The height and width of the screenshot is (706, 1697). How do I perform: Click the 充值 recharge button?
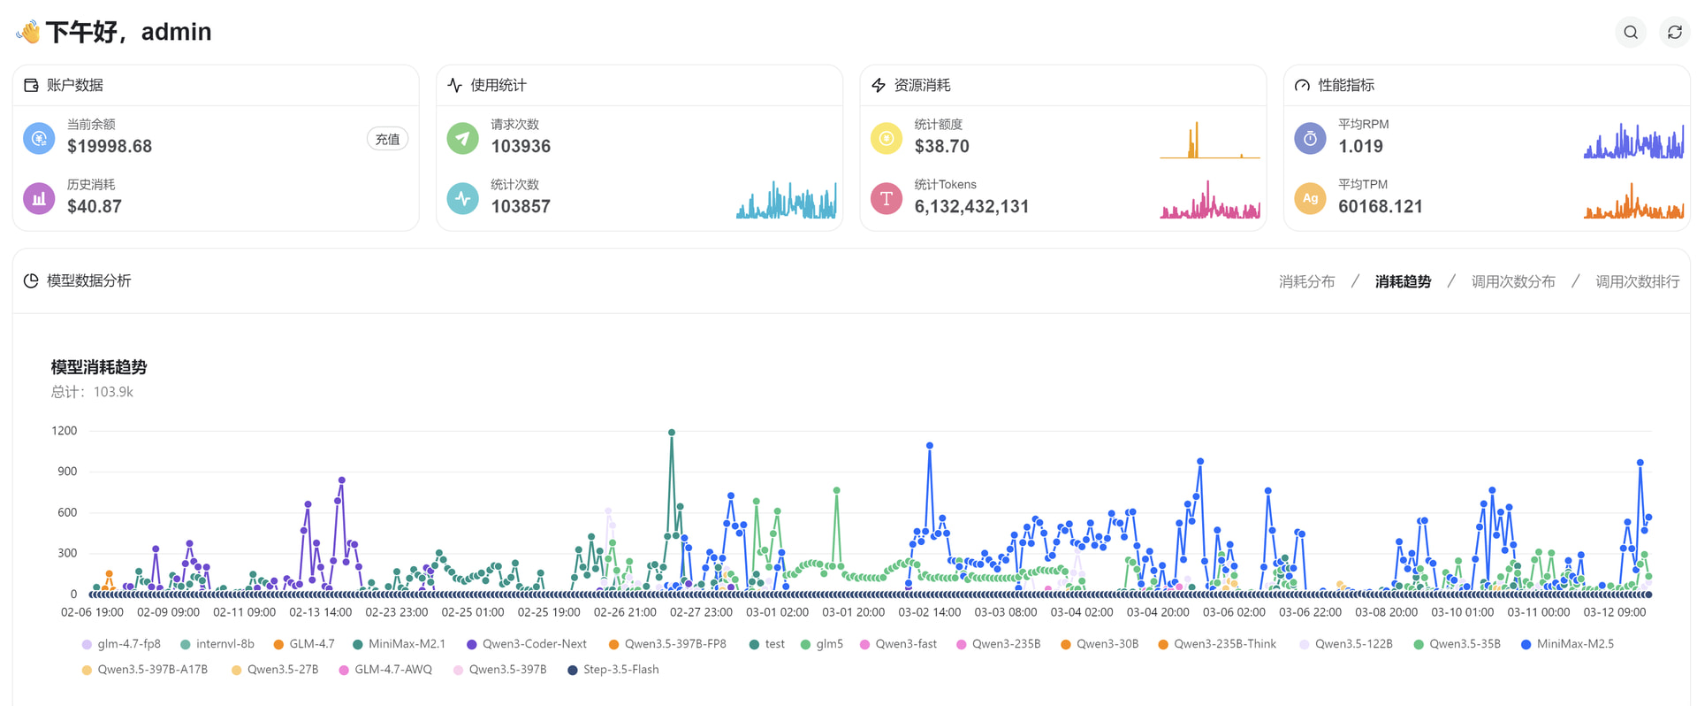[x=387, y=139]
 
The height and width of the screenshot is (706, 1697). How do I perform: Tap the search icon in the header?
[x=1631, y=33]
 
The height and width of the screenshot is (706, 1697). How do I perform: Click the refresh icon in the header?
[x=1675, y=33]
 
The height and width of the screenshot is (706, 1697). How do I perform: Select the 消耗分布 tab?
[x=1306, y=281]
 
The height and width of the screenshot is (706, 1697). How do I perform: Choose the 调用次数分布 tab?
[x=1513, y=281]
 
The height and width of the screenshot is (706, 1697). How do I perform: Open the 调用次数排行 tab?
[x=1638, y=281]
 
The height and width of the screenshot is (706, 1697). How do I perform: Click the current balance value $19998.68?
[x=110, y=146]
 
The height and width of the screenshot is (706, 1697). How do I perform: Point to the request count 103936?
[x=521, y=146]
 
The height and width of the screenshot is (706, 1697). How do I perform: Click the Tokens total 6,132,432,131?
[x=971, y=206]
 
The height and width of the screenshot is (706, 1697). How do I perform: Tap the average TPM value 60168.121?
[x=1381, y=206]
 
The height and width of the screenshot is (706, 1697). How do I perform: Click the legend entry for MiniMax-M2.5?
[x=1567, y=644]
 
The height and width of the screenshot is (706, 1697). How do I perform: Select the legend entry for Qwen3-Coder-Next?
[x=527, y=644]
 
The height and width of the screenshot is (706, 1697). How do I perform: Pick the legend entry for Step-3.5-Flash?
[x=613, y=670]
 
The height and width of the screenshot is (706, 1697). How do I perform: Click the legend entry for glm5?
[x=822, y=644]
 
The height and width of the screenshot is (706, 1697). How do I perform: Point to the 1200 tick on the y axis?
[x=65, y=431]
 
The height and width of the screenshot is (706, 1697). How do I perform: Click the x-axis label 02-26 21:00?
[x=625, y=612]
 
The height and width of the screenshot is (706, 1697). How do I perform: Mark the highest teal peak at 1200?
[x=672, y=433]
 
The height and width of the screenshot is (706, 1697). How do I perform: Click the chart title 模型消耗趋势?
[x=99, y=367]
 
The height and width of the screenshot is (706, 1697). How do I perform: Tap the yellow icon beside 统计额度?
[x=887, y=138]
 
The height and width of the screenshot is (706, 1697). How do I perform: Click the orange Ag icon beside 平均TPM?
[x=1310, y=198]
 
